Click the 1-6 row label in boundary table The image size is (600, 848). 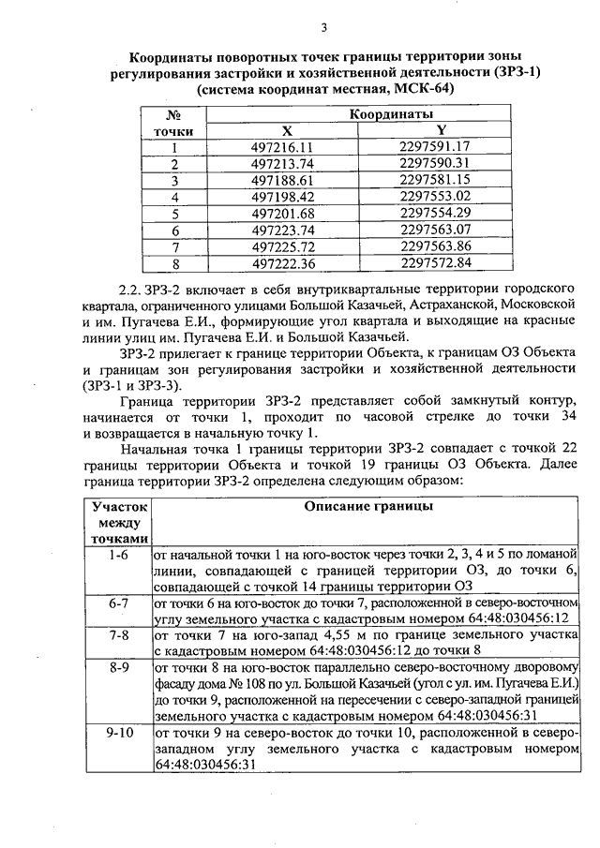tap(118, 555)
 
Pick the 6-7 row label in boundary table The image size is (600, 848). tap(118, 603)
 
